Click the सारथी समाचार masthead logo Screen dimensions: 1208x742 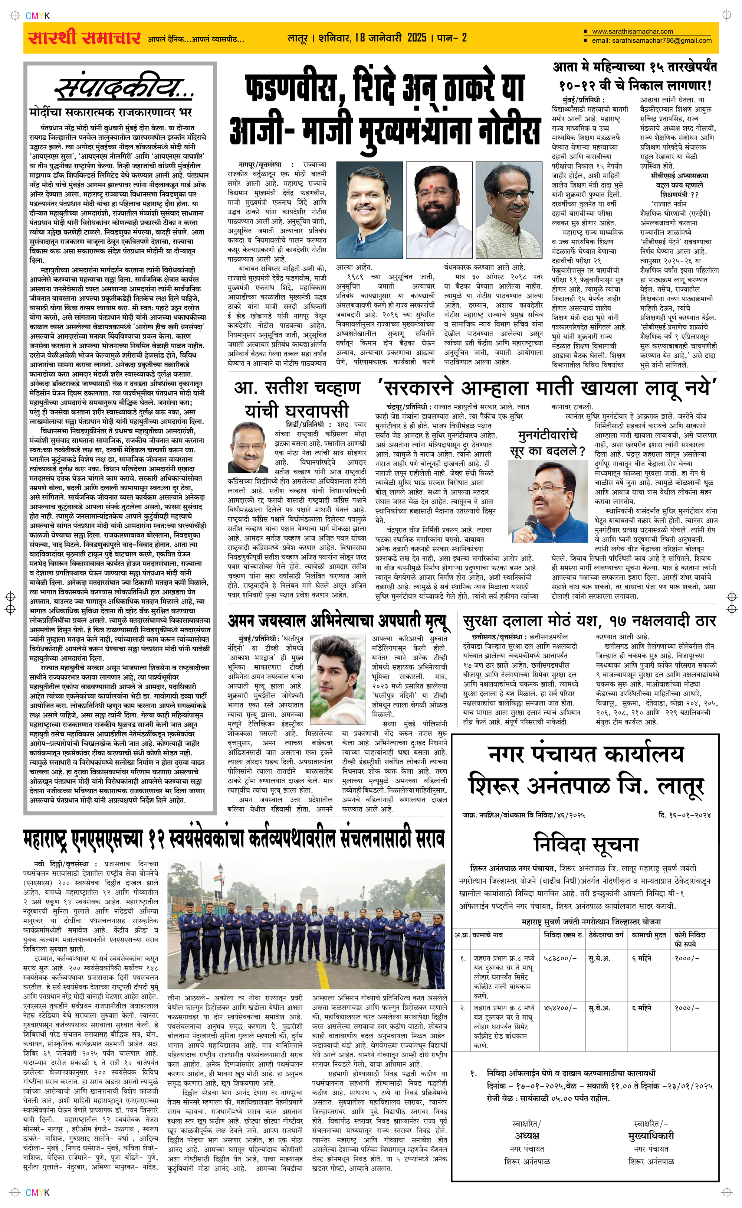tap(84, 38)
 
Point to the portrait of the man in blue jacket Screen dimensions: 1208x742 tap(369, 210)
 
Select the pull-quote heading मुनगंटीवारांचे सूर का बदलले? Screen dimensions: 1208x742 tap(551, 443)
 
